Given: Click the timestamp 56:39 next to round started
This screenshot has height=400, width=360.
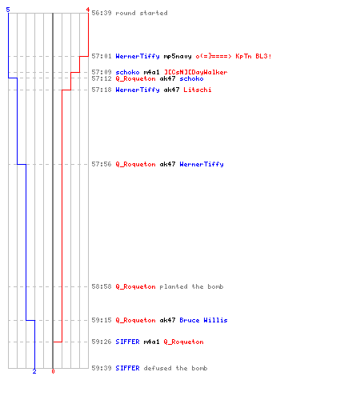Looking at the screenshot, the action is pyautogui.click(x=102, y=13).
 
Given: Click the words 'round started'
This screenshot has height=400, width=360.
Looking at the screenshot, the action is pyautogui.click(x=142, y=13).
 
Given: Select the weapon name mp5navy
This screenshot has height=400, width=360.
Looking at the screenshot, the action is pyautogui.click(x=178, y=56).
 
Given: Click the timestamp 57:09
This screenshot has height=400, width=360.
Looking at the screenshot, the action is pyautogui.click(x=102, y=72).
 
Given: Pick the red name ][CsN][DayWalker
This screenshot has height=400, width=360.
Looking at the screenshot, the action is pyautogui.click(x=195, y=72).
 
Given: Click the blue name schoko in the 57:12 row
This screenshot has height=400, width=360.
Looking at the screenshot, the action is pyautogui.click(x=191, y=78).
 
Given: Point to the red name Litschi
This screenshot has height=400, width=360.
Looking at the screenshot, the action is pyautogui.click(x=198, y=90).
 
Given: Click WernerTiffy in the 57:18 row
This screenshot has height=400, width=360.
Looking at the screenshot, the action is pyautogui.click(x=138, y=90).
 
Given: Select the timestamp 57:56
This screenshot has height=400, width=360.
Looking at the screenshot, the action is pyautogui.click(x=102, y=164).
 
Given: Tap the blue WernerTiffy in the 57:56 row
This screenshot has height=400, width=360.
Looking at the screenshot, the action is pyautogui.click(x=202, y=164).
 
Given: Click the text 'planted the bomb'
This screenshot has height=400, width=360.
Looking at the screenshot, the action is pyautogui.click(x=191, y=286).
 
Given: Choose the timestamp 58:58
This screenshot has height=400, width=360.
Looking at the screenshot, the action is pyautogui.click(x=102, y=286).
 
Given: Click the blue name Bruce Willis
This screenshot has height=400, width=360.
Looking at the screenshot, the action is pyautogui.click(x=203, y=320).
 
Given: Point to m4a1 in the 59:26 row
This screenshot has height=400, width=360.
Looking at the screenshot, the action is pyautogui.click(x=151, y=342).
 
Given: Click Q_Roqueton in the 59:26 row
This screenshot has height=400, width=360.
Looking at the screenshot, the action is pyautogui.click(x=183, y=342).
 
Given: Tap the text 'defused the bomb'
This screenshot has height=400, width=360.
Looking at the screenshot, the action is pyautogui.click(x=175, y=368).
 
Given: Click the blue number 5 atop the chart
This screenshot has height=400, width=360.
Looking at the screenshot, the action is pyautogui.click(x=8, y=10).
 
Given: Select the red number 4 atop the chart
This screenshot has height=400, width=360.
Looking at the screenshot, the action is pyautogui.click(x=88, y=10).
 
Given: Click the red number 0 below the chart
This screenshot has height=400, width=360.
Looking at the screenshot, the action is pyautogui.click(x=53, y=371).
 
